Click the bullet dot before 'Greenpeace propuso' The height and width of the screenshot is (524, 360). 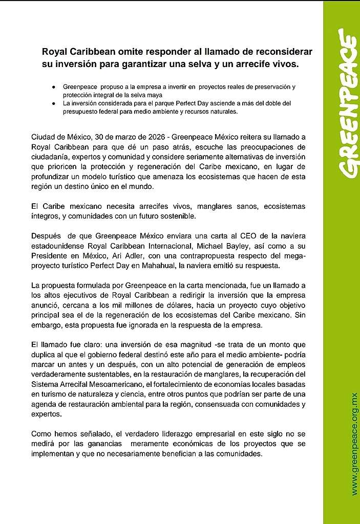53,87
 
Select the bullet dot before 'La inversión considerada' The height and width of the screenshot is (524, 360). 53,103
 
